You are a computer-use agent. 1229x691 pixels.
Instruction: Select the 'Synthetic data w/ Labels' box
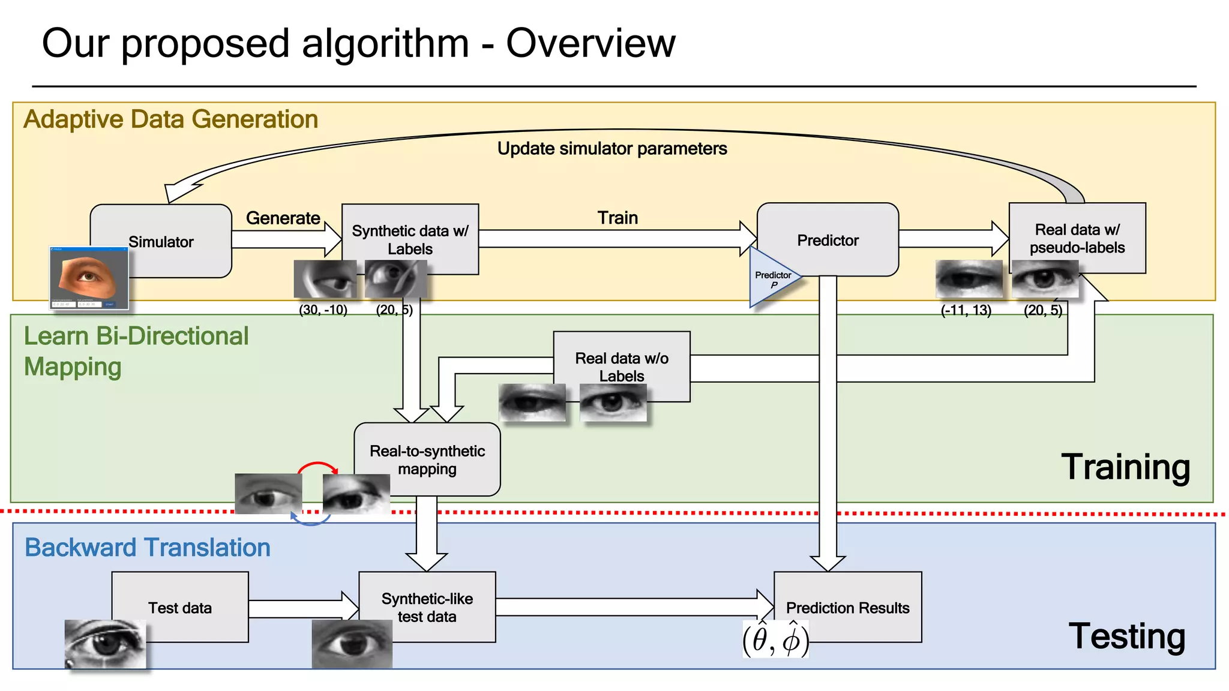(x=410, y=239)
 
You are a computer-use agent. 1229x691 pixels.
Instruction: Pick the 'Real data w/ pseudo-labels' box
(x=1077, y=238)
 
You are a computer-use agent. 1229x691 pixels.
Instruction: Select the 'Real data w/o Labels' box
(x=622, y=366)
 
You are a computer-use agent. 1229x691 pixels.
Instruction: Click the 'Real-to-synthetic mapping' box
(x=427, y=459)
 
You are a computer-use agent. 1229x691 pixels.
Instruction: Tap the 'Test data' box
(x=180, y=607)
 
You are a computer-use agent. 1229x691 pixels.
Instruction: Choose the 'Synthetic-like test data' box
(x=427, y=607)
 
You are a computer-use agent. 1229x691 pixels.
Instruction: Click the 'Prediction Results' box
(x=847, y=607)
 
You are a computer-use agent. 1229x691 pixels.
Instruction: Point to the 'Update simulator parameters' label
(x=611, y=148)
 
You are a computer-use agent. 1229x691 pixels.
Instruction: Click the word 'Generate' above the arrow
(x=283, y=218)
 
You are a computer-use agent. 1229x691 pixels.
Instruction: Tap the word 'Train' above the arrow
(x=617, y=218)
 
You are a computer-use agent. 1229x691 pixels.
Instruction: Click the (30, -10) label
(x=323, y=310)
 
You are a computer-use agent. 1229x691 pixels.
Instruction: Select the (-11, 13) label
(x=966, y=310)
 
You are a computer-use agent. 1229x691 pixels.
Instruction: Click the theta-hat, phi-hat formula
(x=775, y=639)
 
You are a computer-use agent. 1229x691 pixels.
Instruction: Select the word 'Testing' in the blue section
(x=1126, y=636)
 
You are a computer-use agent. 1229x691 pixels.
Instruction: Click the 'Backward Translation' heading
(x=147, y=548)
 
